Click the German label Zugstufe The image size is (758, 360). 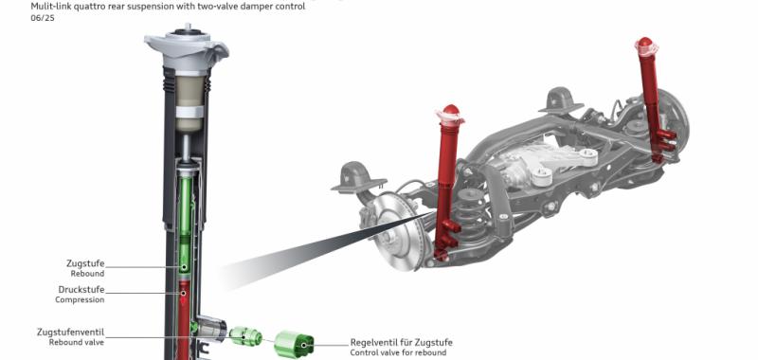(x=85, y=263)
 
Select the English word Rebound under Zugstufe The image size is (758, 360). (x=87, y=274)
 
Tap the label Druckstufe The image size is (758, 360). (x=81, y=290)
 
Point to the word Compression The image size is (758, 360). (x=80, y=299)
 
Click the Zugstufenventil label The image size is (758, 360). (x=70, y=333)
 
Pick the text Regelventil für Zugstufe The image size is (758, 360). (x=401, y=343)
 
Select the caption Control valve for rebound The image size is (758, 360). (x=398, y=352)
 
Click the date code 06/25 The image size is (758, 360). (x=43, y=18)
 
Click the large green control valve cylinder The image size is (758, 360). (x=294, y=344)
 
